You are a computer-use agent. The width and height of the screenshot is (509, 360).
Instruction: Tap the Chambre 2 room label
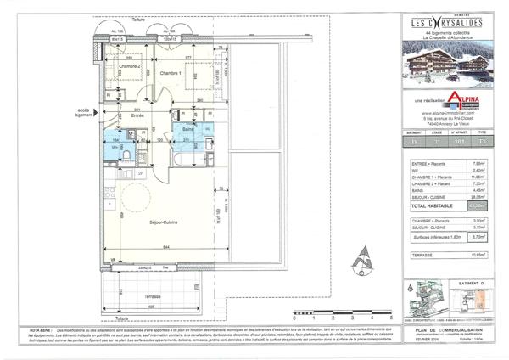coord(129,65)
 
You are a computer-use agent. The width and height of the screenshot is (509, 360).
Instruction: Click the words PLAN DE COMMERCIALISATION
coord(458,326)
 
